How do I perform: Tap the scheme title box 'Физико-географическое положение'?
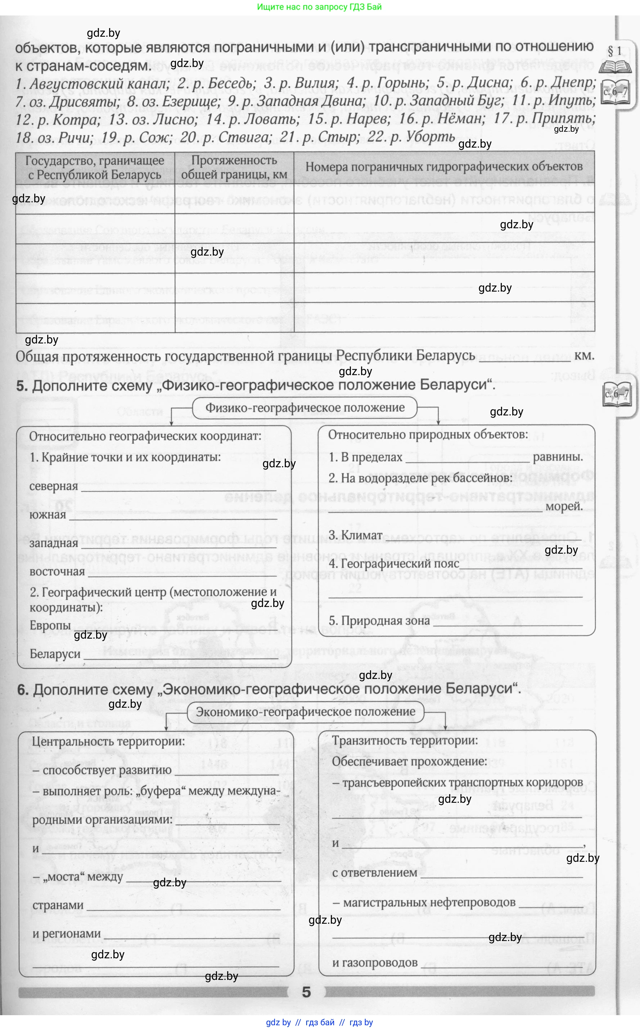(305, 408)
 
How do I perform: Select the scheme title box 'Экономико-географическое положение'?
(305, 711)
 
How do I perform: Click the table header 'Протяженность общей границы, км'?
(234, 167)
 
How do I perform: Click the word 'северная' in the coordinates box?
(54, 486)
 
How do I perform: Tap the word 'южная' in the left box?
(48, 515)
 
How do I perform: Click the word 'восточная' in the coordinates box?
(57, 571)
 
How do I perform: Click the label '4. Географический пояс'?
(394, 564)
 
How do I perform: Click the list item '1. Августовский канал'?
(91, 84)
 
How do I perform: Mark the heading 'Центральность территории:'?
(108, 742)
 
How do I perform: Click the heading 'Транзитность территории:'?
(405, 740)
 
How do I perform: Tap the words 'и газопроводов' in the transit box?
(375, 963)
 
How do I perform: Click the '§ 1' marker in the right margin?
(614, 51)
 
